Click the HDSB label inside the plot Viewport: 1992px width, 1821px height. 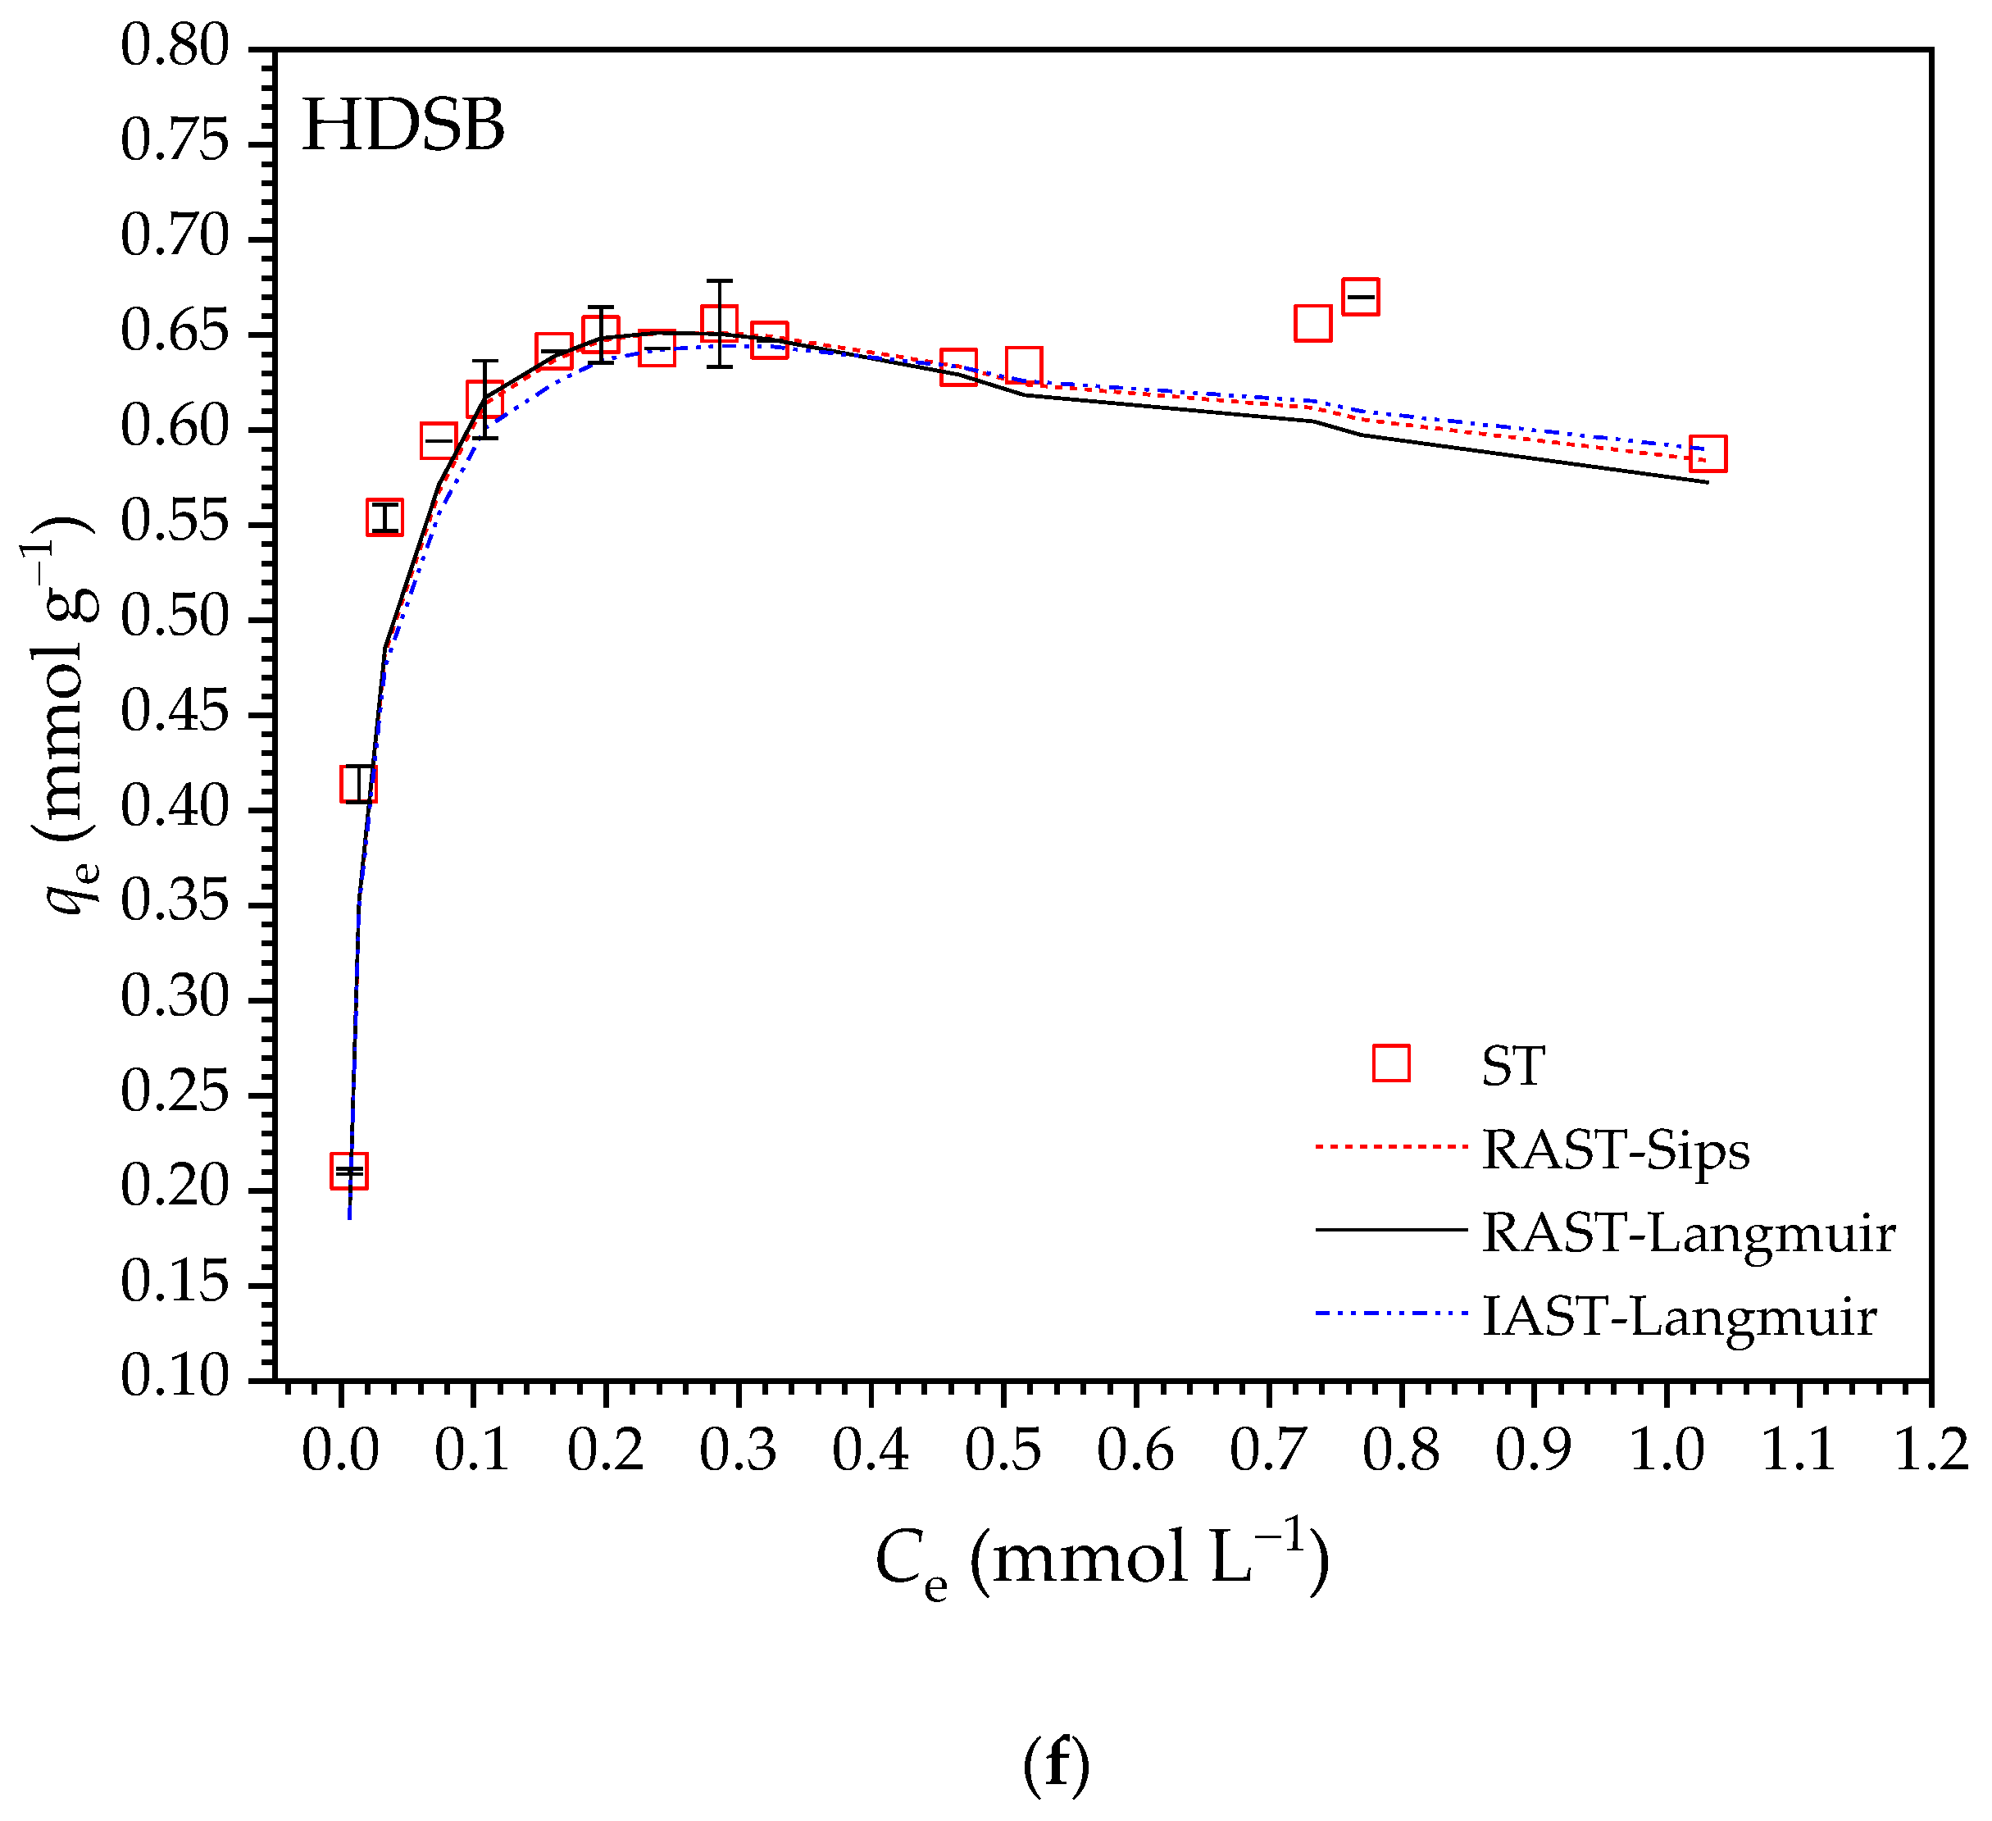[x=403, y=126]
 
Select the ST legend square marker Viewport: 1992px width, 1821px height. [x=1391, y=1064]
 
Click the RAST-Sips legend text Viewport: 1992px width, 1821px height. [x=1615, y=1150]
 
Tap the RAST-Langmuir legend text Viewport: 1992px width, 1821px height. [x=1688, y=1233]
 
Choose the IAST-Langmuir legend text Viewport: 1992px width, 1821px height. [x=1678, y=1316]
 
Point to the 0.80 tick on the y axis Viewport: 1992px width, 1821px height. [x=174, y=48]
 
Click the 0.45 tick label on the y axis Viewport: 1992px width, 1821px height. [x=174, y=713]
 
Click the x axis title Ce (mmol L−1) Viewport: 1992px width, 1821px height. [x=1102, y=1561]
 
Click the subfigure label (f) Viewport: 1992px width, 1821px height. [x=1055, y=1766]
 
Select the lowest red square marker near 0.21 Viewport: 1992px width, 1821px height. [x=348, y=1171]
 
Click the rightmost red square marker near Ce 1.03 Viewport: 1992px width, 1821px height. [x=1708, y=453]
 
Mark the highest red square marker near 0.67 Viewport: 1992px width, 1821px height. [x=1361, y=297]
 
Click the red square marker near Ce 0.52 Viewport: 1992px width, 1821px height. [x=1024, y=366]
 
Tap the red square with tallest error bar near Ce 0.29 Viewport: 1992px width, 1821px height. [x=720, y=322]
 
